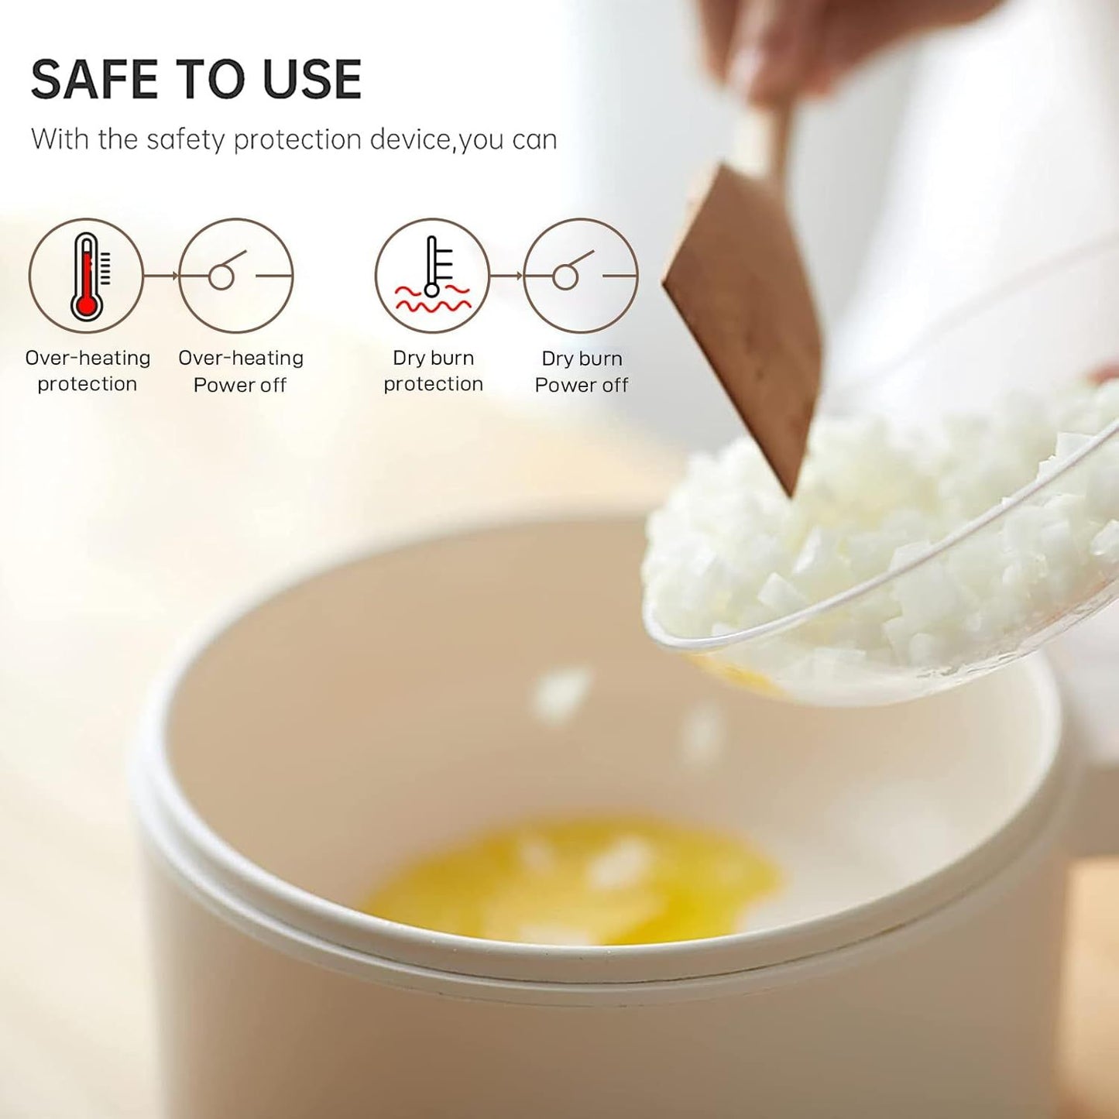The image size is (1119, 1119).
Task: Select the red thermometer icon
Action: tap(86, 276)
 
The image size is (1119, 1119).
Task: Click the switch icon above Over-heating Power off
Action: tap(235, 276)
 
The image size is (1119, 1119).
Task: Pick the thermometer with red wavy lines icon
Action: tap(432, 276)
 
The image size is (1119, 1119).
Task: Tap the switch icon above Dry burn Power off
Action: tap(581, 276)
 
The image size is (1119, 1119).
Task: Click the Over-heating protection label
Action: tap(88, 371)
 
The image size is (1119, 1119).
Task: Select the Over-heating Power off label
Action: tap(240, 371)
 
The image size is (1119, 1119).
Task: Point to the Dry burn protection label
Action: tap(433, 371)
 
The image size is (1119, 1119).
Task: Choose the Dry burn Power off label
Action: tap(582, 372)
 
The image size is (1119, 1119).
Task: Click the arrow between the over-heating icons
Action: tap(161, 276)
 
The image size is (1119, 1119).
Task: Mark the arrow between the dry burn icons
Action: tap(506, 276)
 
